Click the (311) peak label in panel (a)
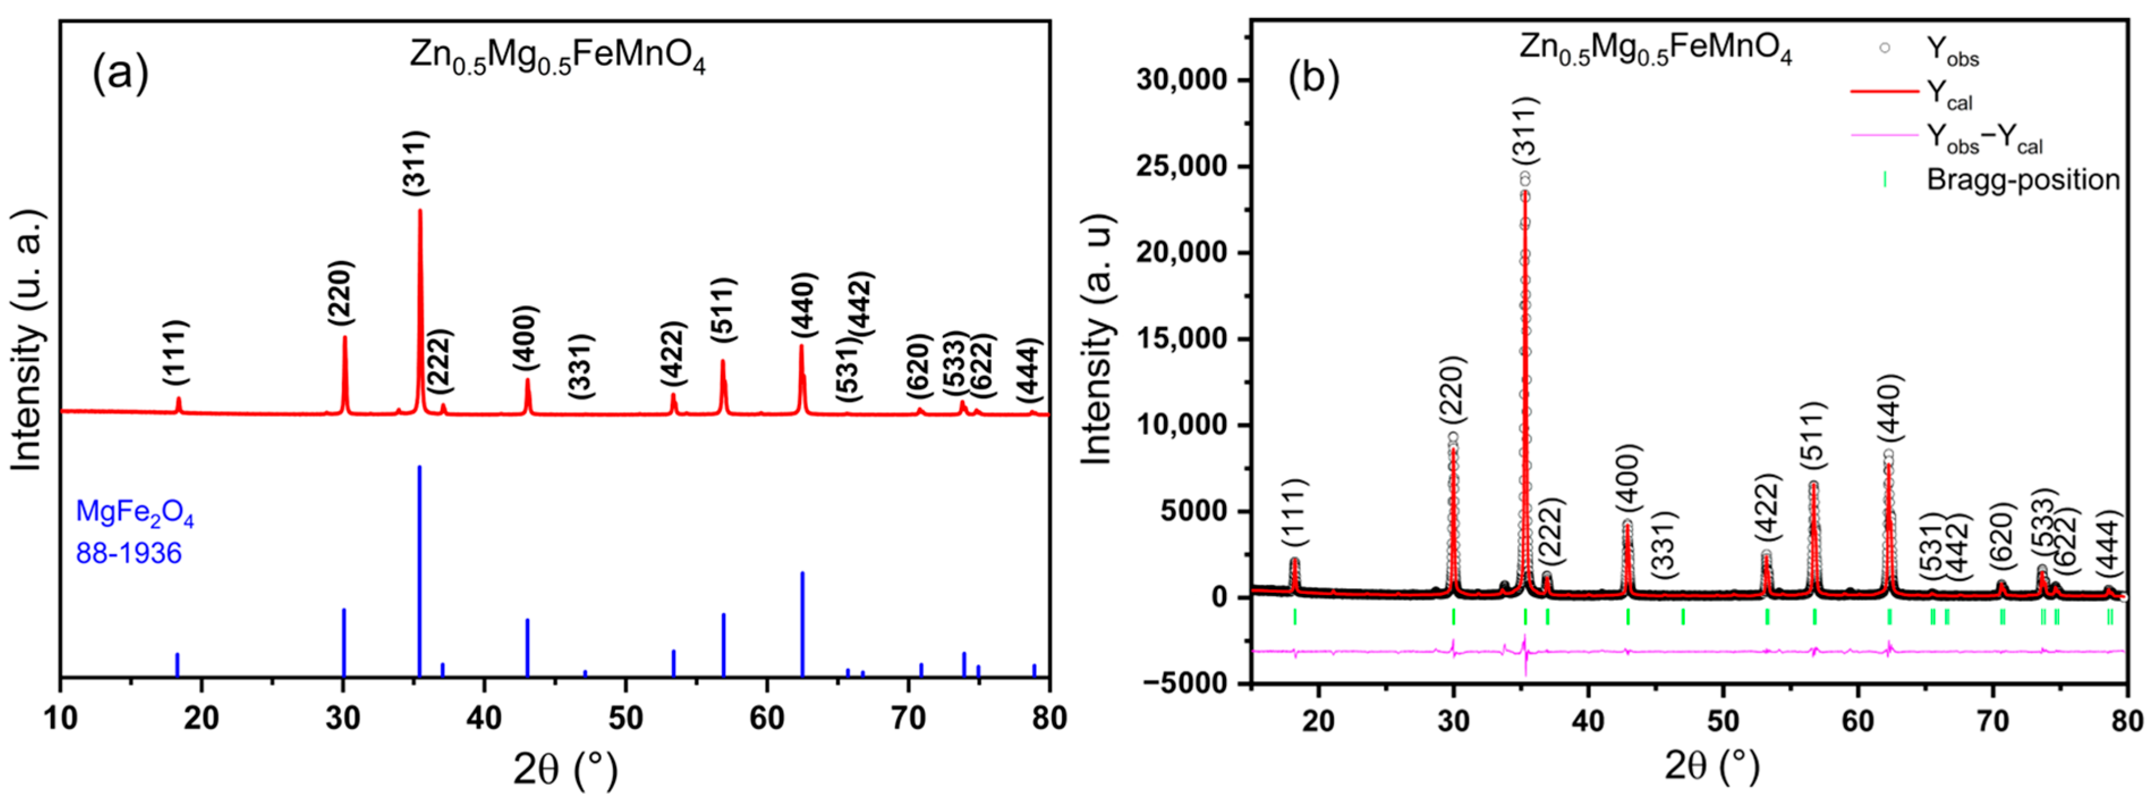point(415,164)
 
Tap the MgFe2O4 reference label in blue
point(134,513)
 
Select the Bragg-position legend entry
point(2022,180)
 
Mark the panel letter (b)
point(1314,79)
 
